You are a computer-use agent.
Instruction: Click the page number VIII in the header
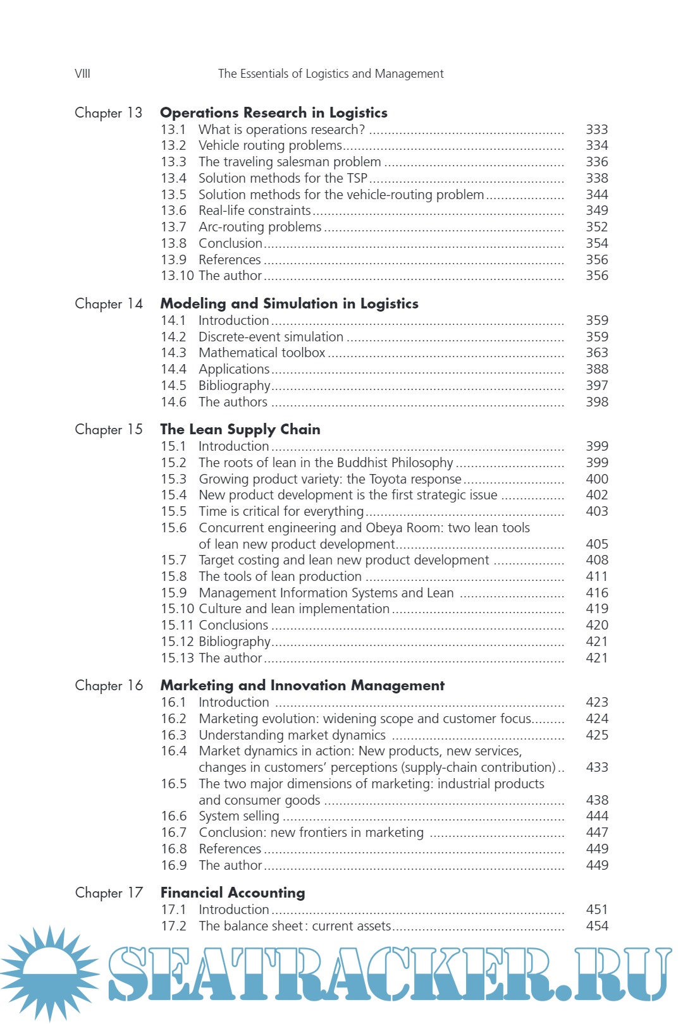pyautogui.click(x=82, y=74)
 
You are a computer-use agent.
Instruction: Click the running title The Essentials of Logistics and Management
pyautogui.click(x=331, y=74)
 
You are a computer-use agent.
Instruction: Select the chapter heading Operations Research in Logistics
pyautogui.click(x=273, y=113)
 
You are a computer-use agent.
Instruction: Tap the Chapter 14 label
pyautogui.click(x=109, y=304)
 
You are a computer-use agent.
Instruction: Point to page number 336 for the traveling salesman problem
pyautogui.click(x=596, y=162)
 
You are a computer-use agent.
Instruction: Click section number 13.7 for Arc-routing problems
pyautogui.click(x=173, y=227)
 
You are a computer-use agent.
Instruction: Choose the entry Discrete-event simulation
pyautogui.click(x=271, y=337)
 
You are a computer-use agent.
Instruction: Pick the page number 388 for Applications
pyautogui.click(x=596, y=369)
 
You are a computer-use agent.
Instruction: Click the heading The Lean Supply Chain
pyautogui.click(x=240, y=430)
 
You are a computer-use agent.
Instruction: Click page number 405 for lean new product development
pyautogui.click(x=596, y=544)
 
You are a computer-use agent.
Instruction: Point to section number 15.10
pyautogui.click(x=177, y=609)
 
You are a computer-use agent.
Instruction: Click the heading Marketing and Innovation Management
pyautogui.click(x=302, y=686)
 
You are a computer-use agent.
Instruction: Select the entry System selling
pyautogui.click(x=238, y=816)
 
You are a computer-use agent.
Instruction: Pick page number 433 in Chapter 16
pyautogui.click(x=596, y=767)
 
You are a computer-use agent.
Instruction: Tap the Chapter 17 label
pyautogui.click(x=109, y=893)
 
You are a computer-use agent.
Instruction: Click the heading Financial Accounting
pyautogui.click(x=232, y=893)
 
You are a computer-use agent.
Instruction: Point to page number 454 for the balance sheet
pyautogui.click(x=596, y=926)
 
